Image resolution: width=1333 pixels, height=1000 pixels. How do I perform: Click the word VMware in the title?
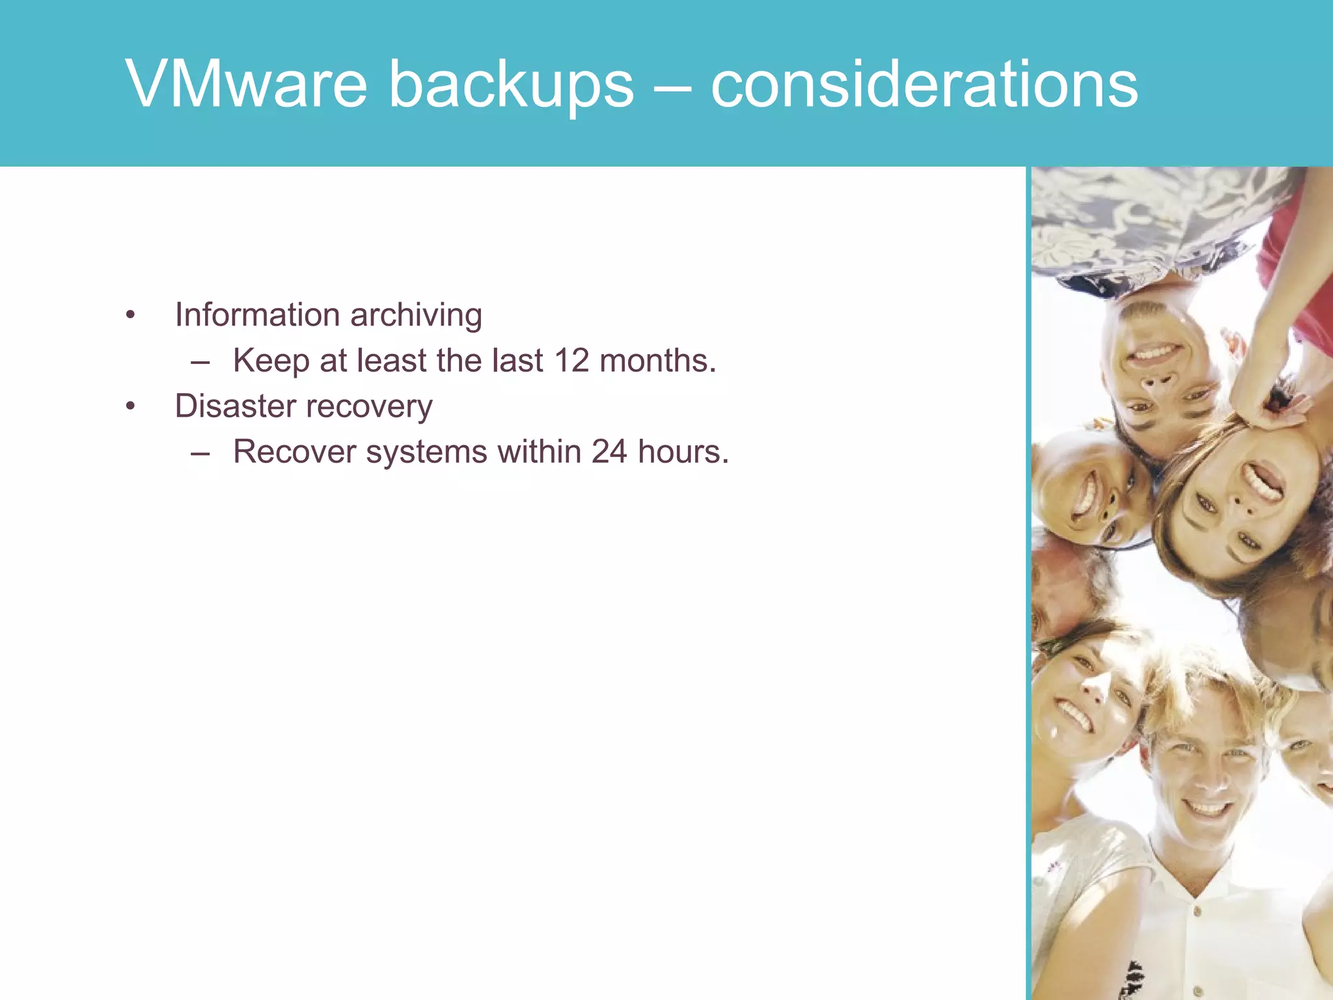(x=247, y=84)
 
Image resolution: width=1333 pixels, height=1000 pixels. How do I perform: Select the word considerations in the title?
(x=924, y=84)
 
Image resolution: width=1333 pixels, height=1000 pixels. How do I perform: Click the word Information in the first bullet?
(x=257, y=315)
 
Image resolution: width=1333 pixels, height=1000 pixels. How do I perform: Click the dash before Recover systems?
(x=200, y=452)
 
